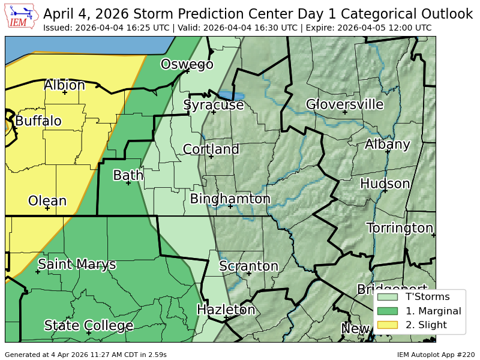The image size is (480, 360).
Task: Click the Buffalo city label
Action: [38, 121]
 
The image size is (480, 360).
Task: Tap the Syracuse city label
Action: [214, 105]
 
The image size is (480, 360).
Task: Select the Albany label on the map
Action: [388, 144]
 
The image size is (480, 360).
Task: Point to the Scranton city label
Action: [248, 266]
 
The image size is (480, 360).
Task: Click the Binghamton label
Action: [230, 199]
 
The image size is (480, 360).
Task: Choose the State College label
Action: [88, 326]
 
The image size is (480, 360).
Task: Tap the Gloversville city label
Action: [344, 104]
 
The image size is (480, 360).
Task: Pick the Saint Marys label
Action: [77, 264]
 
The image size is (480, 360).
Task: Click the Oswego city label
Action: [187, 64]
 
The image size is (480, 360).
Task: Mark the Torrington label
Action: [400, 228]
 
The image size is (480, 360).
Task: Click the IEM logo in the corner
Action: [22, 17]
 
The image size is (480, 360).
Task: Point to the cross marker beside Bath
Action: [128, 183]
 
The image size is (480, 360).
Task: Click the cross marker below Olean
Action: [47, 208]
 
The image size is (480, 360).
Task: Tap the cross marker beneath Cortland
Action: [211, 157]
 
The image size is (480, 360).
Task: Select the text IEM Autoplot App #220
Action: [436, 355]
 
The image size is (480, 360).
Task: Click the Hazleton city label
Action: [226, 310]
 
